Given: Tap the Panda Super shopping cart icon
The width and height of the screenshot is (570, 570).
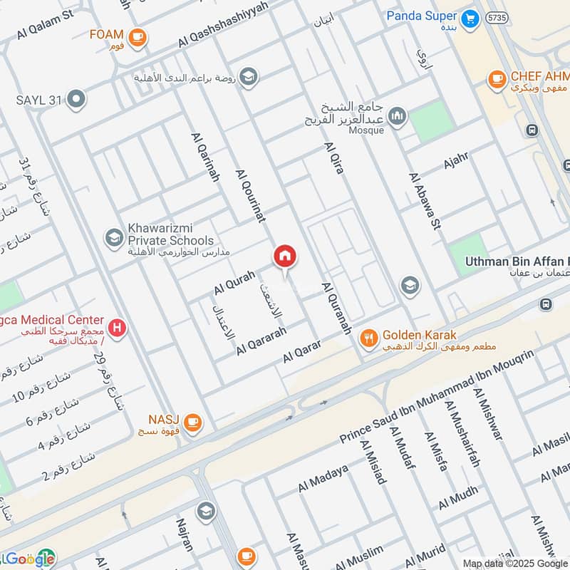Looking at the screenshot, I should [x=469, y=19].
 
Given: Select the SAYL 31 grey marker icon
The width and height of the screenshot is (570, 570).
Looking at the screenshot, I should [x=76, y=100].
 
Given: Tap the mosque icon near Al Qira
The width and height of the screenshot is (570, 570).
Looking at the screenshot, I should [x=397, y=115].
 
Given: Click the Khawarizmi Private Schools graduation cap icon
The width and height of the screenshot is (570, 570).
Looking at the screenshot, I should [x=113, y=238].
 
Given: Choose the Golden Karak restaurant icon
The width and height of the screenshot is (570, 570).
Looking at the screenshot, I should [x=368, y=338].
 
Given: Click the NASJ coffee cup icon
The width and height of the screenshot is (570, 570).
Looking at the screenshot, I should [x=192, y=424].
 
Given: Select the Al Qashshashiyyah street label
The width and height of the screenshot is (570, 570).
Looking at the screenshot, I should [x=223, y=24].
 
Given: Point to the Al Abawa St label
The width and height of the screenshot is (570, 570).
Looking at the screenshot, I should [x=425, y=201].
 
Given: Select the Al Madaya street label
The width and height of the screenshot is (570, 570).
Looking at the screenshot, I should [x=323, y=478].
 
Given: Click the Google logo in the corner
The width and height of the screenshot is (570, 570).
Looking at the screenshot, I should [x=28, y=559].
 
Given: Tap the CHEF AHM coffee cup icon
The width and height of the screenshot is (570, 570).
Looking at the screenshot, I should [x=497, y=80].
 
